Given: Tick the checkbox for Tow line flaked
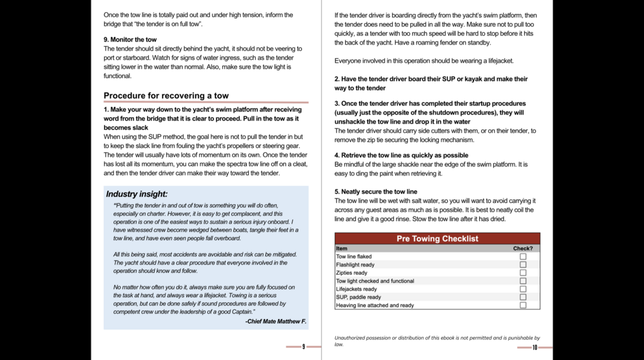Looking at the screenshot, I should pyautogui.click(x=523, y=257).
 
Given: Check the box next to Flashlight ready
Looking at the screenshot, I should pyautogui.click(x=523, y=265).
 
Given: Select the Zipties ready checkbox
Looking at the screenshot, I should pyautogui.click(x=523, y=273).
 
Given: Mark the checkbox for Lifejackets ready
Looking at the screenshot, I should pyautogui.click(x=523, y=289).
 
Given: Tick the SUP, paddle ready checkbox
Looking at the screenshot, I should pyautogui.click(x=523, y=297).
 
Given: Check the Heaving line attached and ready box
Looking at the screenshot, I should pyautogui.click(x=523, y=306).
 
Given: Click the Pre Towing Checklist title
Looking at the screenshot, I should pyautogui.click(x=437, y=239).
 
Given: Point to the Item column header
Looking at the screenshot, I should pyautogui.click(x=342, y=249).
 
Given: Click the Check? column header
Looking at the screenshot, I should pyautogui.click(x=522, y=249).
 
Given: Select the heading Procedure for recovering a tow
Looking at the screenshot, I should pyautogui.click(x=166, y=96).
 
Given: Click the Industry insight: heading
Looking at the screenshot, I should pyautogui.click(x=136, y=194).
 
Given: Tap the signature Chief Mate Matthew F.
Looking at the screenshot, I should pyautogui.click(x=276, y=322).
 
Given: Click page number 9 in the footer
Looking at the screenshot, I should pyautogui.click(x=304, y=347).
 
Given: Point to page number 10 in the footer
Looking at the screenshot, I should pyautogui.click(x=534, y=347).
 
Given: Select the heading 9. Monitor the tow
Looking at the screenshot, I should pyautogui.click(x=130, y=40).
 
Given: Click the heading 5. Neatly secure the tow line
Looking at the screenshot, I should pyautogui.click(x=376, y=192).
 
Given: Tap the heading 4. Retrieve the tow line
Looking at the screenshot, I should pyautogui.click(x=401, y=155).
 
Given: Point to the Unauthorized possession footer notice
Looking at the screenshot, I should pyautogui.click(x=437, y=341).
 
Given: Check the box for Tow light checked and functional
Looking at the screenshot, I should pyautogui.click(x=523, y=281).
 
